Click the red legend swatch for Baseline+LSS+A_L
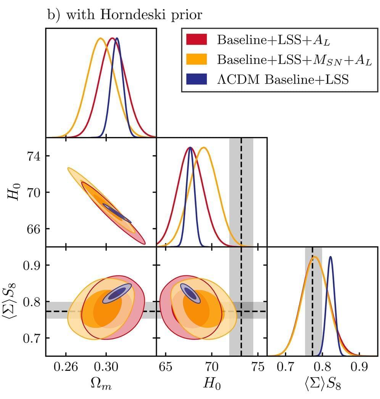[x=196, y=39]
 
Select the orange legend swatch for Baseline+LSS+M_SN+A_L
[x=196, y=59]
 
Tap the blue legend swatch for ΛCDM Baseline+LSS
[x=196, y=79]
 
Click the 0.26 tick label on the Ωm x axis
[x=66, y=368]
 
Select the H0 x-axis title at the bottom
[x=212, y=385]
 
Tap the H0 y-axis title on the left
[x=11, y=192]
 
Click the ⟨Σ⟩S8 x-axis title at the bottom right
[x=322, y=385]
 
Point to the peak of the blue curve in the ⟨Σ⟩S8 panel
[x=330, y=257]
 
